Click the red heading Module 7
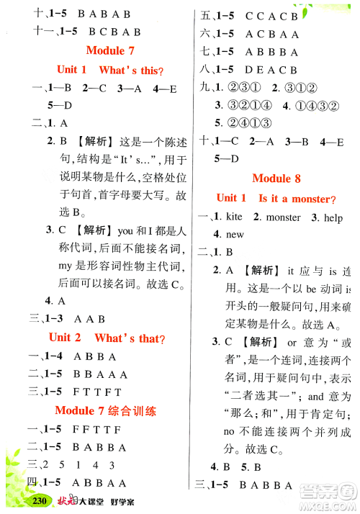tap(110, 50)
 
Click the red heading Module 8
tap(276, 179)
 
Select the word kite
tap(235, 217)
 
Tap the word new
tap(235, 235)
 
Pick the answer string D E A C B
tap(271, 70)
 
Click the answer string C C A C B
tap(271, 16)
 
